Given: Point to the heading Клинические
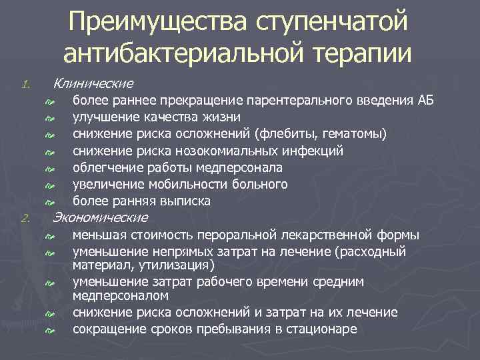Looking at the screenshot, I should pyautogui.click(x=93, y=83).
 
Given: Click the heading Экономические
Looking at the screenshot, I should pyautogui.click(x=100, y=218).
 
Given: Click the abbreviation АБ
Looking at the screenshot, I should pyautogui.click(x=425, y=101).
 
